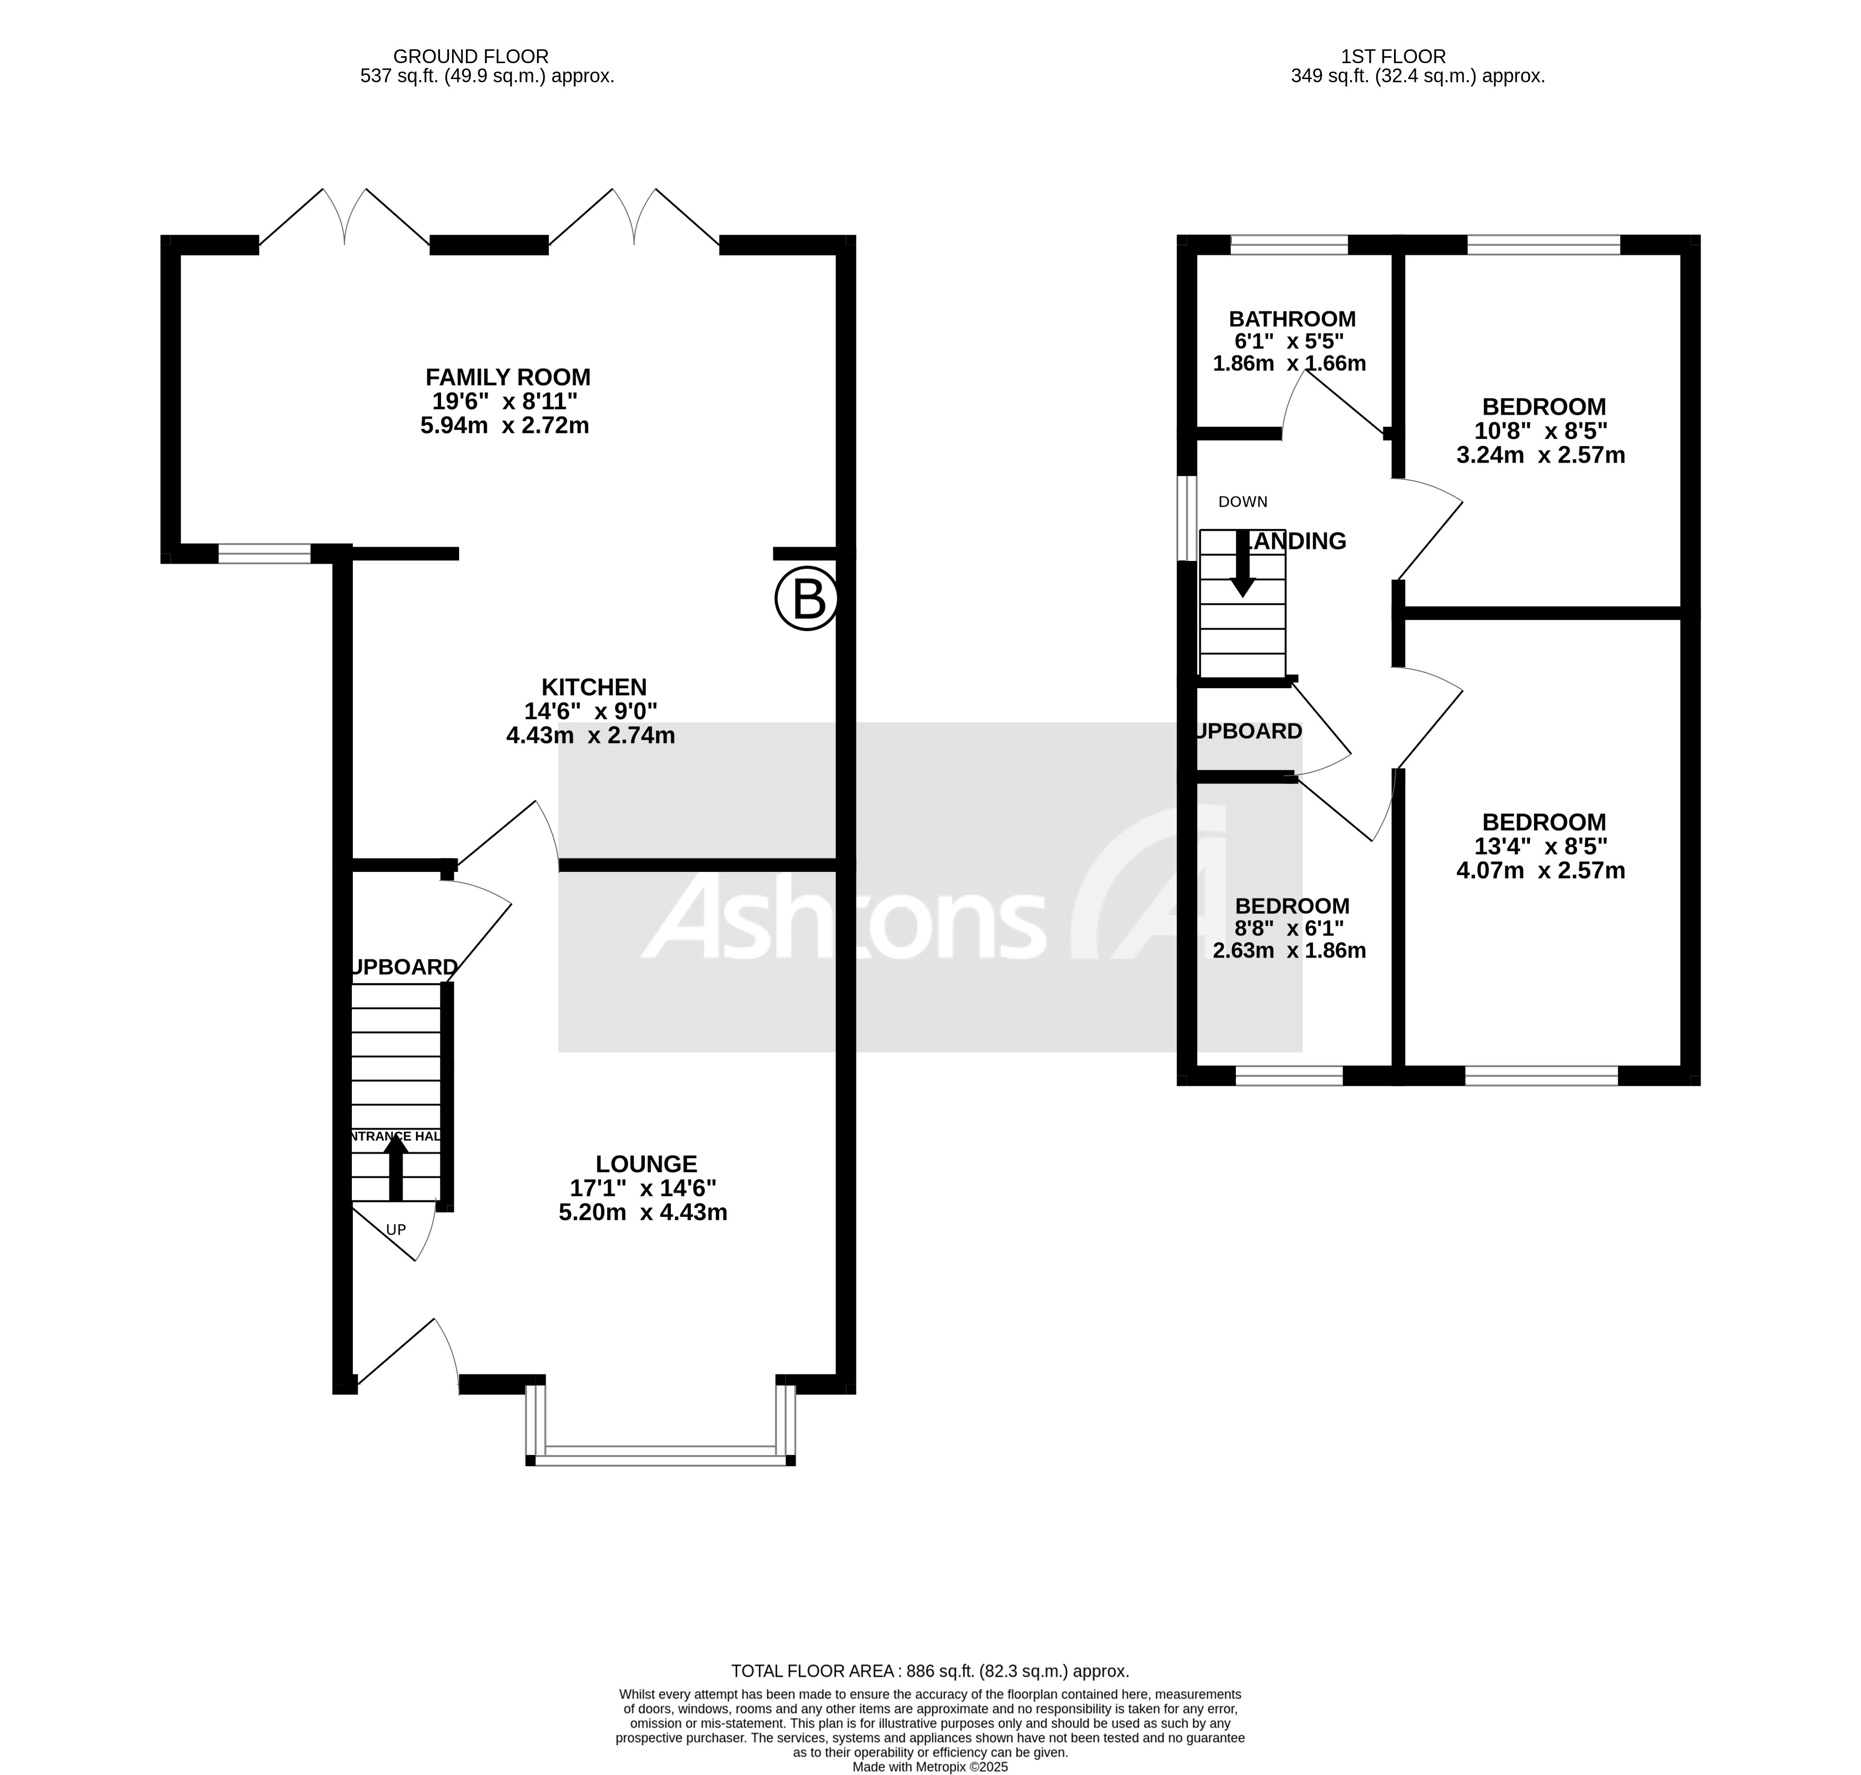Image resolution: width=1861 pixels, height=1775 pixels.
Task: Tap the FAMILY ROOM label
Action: point(507,377)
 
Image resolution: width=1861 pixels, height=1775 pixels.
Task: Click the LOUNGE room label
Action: point(646,1164)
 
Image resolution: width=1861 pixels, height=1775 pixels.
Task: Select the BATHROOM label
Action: point(1292,319)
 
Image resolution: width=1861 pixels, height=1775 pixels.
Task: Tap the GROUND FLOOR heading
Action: point(470,57)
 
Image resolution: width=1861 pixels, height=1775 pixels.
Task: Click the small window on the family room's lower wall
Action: point(264,553)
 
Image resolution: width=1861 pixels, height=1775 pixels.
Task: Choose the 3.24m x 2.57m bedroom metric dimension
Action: point(1540,455)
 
